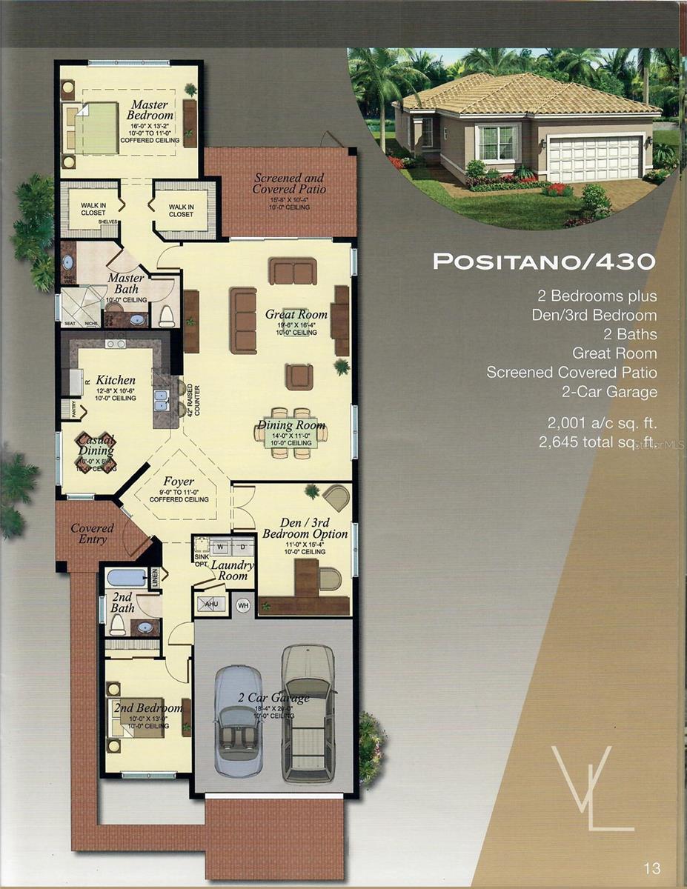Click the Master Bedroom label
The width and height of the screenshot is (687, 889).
coord(150,110)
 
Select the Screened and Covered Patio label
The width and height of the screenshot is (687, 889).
coord(288,184)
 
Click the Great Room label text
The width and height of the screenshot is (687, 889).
coord(296,315)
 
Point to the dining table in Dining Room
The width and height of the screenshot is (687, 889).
coord(291,433)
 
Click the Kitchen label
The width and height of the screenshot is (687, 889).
coord(115,380)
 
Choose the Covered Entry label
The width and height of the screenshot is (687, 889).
coord(92,533)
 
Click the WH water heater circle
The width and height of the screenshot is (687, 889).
coord(243,605)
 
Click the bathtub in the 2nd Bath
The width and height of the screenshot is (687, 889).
coord(126,577)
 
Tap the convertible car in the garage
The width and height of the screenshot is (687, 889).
coord(239,719)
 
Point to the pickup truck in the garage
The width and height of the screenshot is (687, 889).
coord(308,711)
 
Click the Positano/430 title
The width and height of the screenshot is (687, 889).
coord(544,262)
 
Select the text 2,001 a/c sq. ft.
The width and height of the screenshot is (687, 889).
coord(601,424)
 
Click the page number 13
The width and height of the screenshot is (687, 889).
coord(652,868)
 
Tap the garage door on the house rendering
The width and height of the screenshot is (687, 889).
coord(594,159)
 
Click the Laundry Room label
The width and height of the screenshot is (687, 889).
coord(232,570)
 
